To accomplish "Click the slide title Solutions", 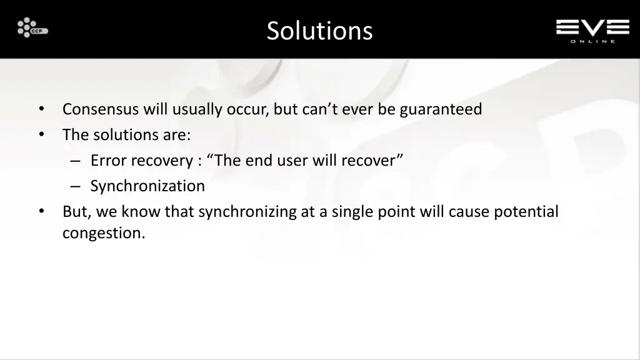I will [319, 30].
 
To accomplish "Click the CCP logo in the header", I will [32, 27].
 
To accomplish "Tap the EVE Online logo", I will [592, 30].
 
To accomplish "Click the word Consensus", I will [101, 109].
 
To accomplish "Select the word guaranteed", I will [441, 109].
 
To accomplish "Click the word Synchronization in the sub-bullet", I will [147, 186].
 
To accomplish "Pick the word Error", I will [107, 161].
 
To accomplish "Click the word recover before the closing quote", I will [368, 161].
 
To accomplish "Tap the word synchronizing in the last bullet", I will [248, 212].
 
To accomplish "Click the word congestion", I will [102, 234].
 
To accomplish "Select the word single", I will [352, 212].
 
